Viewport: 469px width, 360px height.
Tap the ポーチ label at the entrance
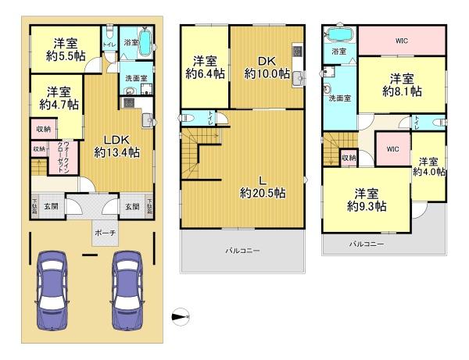(x=104, y=232)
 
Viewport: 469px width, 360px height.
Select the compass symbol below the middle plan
(x=181, y=317)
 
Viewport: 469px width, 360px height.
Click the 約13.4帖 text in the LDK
(x=116, y=152)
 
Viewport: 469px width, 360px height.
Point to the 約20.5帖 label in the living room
(x=262, y=193)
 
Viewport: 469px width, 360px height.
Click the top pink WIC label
(x=403, y=40)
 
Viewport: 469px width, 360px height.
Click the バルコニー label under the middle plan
(x=243, y=251)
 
